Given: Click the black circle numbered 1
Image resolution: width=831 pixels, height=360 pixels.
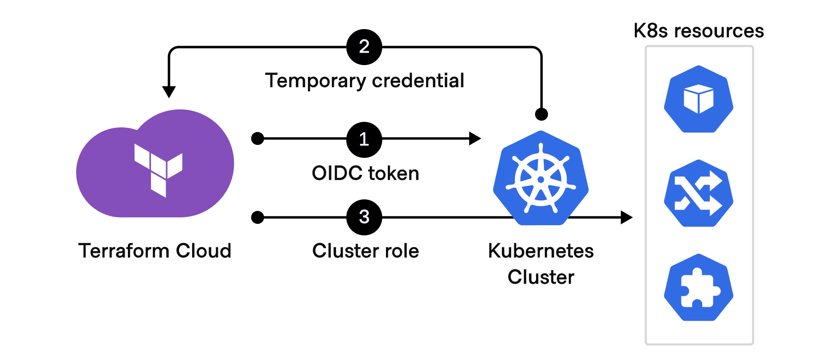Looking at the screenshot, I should point(364,139).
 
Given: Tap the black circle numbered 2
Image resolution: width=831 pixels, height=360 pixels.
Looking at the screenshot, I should point(364,47).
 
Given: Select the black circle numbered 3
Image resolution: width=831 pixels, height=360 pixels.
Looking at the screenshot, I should point(364,217).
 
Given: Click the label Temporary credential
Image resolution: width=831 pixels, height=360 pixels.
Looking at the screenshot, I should point(365,81).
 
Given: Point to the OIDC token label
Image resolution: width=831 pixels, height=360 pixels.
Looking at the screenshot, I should point(365,174).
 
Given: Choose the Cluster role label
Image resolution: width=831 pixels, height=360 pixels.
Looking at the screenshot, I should point(365,251).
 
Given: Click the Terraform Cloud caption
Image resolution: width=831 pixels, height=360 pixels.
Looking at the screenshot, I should point(155,251).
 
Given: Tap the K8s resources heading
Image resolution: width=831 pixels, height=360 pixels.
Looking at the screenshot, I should point(699,31).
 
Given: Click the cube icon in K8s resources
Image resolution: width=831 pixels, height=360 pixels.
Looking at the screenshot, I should point(699,99).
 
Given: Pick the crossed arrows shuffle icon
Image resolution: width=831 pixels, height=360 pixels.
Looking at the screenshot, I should point(699,193).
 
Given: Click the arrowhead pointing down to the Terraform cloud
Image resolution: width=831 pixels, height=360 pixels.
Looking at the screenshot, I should point(169,91).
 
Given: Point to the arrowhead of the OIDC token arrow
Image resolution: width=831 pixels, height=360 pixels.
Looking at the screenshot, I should point(475,138).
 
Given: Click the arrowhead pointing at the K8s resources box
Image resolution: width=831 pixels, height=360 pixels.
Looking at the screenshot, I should point(626,217).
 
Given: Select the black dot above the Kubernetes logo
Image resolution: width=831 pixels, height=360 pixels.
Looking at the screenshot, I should point(541,114).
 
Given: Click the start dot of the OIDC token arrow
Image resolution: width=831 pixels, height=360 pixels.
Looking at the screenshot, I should point(258,138).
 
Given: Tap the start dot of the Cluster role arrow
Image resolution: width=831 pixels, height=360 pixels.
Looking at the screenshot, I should point(258,217).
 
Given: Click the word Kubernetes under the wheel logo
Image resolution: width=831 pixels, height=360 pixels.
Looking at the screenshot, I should point(541,251).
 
